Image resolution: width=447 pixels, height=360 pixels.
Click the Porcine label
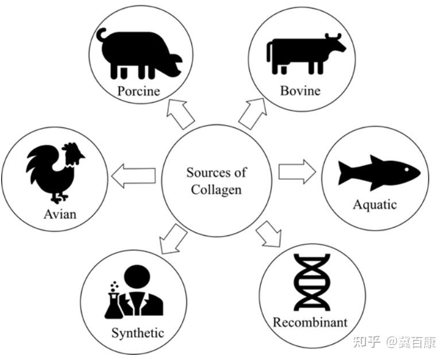click(x=138, y=91)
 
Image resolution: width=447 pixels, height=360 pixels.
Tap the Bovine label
click(x=300, y=91)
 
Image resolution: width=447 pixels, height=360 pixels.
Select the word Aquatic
click(x=375, y=204)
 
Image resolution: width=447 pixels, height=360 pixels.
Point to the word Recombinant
click(x=310, y=322)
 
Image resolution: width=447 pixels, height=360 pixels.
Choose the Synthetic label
click(x=138, y=332)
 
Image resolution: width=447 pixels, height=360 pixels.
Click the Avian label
click(x=60, y=215)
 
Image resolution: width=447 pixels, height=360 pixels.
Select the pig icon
click(x=139, y=53)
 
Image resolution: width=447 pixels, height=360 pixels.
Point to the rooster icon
click(x=55, y=171)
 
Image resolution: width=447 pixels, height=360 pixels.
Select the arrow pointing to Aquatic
click(x=296, y=172)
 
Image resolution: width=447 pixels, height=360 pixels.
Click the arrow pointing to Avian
click(x=134, y=176)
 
